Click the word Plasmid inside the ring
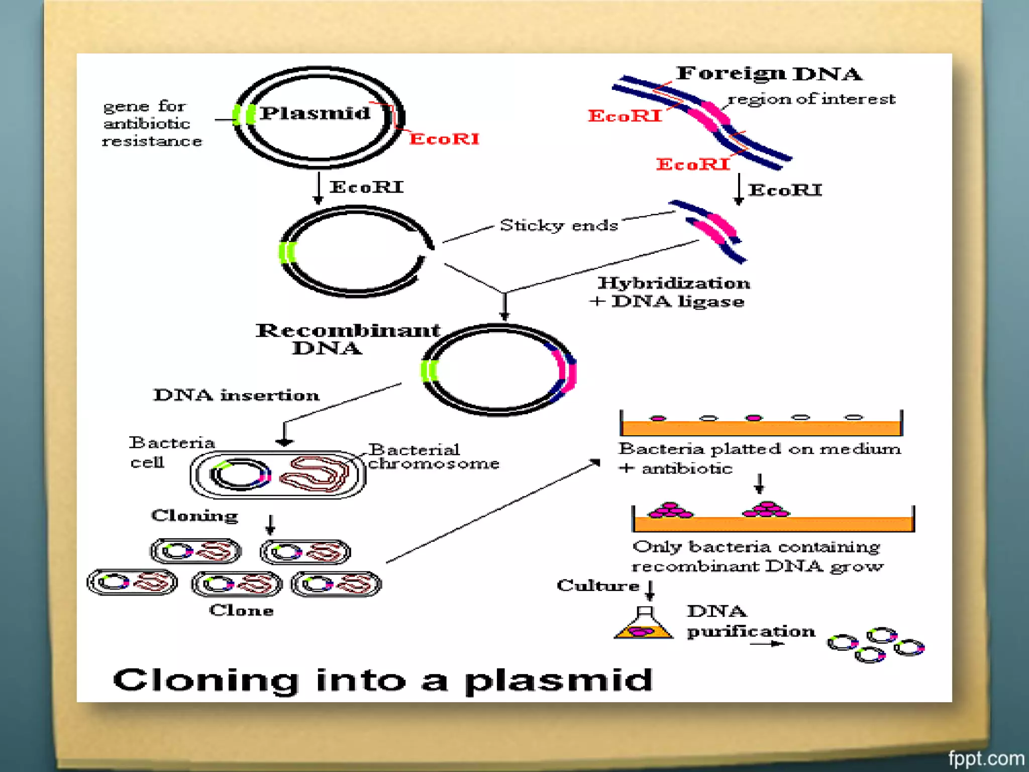pyautogui.click(x=316, y=114)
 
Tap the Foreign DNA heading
pyautogui.click(x=769, y=74)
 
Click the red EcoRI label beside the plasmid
pyautogui.click(x=444, y=139)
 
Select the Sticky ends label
pyautogui.click(x=559, y=225)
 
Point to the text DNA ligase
pyautogui.click(x=677, y=302)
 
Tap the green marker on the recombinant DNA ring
pyautogui.click(x=429, y=371)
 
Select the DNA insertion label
pyautogui.click(x=236, y=395)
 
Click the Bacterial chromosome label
pyautogui.click(x=433, y=456)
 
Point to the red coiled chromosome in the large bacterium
pyautogui.click(x=315, y=474)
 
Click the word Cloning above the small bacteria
pyautogui.click(x=194, y=516)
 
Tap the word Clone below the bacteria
pyautogui.click(x=241, y=610)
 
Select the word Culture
pyautogui.click(x=598, y=586)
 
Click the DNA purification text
pyautogui.click(x=751, y=621)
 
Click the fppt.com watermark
pyautogui.click(x=986, y=758)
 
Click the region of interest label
pyautogui.click(x=811, y=99)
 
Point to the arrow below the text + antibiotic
pyautogui.click(x=759, y=484)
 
